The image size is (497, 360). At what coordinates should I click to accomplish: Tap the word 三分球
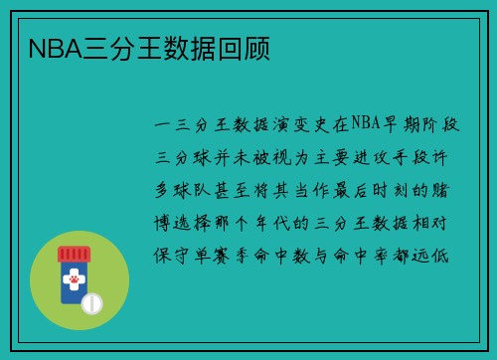tap(182, 159)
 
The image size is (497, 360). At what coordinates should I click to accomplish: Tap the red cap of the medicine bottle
tap(71, 256)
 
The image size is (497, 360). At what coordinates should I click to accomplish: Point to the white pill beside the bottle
tap(90, 301)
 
